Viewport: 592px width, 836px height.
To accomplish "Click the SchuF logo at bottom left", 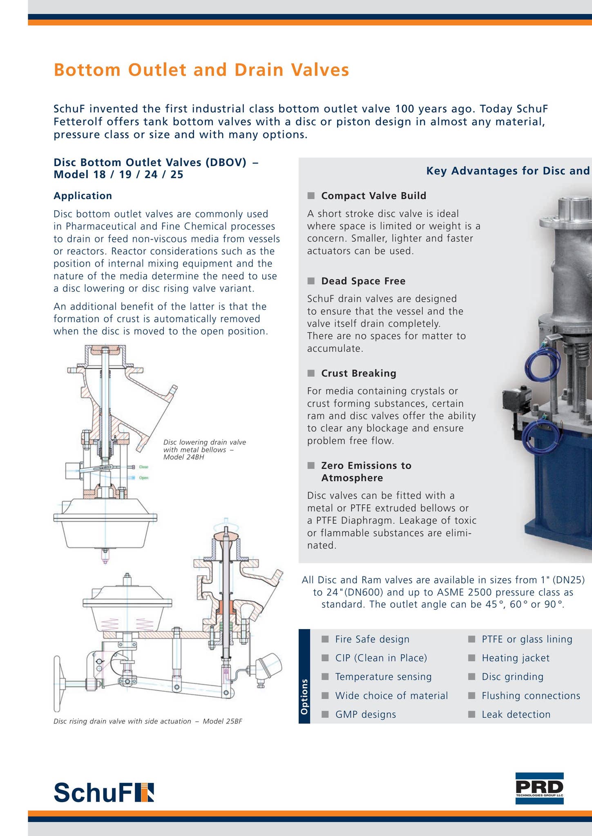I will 104,793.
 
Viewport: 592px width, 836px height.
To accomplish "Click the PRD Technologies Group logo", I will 539,788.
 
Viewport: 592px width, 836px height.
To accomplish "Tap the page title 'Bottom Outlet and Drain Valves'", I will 201,70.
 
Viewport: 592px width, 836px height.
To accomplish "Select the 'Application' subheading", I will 83,196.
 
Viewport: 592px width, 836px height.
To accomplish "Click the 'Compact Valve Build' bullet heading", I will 373,196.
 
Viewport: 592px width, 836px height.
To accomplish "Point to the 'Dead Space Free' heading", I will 363,281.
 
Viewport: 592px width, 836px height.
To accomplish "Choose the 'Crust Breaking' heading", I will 359,373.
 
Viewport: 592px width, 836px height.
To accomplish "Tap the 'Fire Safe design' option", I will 372,639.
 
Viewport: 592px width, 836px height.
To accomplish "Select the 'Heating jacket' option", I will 516,658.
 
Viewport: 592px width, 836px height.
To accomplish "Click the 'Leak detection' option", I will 516,714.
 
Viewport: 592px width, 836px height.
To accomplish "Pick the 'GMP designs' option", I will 365,714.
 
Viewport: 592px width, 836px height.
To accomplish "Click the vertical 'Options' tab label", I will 304,697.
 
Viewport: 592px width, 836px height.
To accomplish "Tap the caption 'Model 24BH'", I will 183,457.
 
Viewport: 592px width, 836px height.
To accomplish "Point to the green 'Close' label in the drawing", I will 143,467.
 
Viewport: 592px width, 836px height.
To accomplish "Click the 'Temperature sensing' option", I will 383,677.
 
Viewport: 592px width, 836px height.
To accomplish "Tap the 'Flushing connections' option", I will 531,696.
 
